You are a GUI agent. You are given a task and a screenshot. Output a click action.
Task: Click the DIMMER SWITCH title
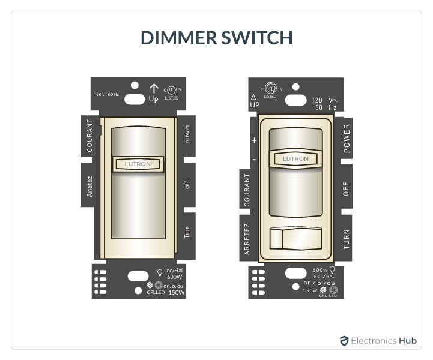click(216, 38)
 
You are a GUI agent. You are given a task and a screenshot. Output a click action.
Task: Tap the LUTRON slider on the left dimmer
click(137, 163)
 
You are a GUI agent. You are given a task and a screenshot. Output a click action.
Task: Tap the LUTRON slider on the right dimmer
click(295, 158)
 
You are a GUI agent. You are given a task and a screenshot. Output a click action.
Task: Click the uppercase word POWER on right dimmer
click(347, 139)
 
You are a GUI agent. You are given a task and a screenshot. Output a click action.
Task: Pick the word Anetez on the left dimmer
click(89, 185)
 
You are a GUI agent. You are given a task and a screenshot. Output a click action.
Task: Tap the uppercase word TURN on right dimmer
click(347, 239)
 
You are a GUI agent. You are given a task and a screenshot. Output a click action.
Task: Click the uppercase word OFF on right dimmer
click(346, 190)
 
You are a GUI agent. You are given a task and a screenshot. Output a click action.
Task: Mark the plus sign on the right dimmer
click(254, 140)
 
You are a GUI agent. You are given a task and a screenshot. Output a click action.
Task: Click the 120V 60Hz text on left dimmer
click(106, 94)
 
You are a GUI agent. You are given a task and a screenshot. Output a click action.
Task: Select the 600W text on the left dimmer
click(175, 277)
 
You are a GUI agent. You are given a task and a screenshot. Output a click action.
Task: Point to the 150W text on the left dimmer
click(176, 293)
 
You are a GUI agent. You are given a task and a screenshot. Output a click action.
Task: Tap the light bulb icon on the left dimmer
click(159, 272)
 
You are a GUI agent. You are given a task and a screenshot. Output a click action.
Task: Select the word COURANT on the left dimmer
click(89, 136)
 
